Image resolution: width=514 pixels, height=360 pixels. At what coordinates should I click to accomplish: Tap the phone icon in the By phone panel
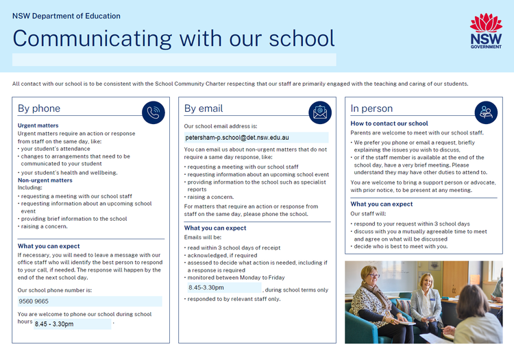point(154,112)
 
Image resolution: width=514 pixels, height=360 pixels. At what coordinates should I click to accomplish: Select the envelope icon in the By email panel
point(320,112)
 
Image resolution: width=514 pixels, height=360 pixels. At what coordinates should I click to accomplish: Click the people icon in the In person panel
point(487,112)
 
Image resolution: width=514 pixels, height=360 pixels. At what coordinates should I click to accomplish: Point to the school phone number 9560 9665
point(34,301)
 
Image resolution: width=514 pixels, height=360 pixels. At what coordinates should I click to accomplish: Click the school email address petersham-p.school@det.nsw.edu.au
point(237,138)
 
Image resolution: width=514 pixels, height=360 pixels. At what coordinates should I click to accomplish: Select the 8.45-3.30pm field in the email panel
point(206,288)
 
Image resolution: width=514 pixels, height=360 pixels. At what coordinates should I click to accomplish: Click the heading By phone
point(39,108)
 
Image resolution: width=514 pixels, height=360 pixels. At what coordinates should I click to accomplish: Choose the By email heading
point(204,108)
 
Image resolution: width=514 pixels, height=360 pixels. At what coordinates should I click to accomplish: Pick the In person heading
point(371,108)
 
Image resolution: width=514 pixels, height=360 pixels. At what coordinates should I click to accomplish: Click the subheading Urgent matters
point(38,125)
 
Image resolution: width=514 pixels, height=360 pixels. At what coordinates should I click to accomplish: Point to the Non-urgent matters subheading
point(45,180)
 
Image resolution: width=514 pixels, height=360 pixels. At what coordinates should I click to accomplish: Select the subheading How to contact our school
point(389,123)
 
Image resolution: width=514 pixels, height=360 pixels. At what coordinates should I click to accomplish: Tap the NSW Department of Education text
point(66,16)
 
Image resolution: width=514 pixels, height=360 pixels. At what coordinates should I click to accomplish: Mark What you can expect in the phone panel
point(49,246)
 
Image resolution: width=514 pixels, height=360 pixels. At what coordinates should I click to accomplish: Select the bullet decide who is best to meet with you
point(401,246)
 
